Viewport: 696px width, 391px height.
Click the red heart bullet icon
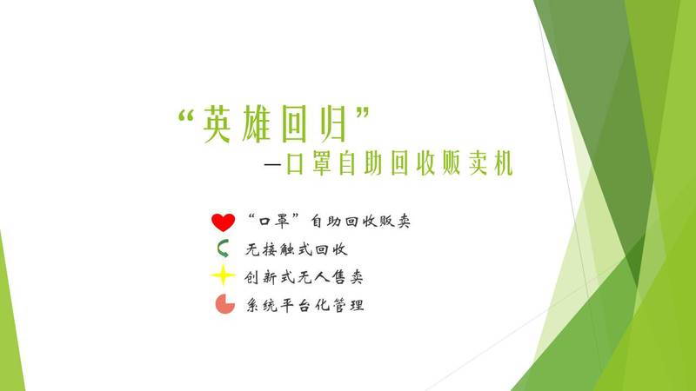click(x=223, y=222)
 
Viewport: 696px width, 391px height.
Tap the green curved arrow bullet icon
click(x=221, y=249)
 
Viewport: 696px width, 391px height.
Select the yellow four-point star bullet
click(x=223, y=275)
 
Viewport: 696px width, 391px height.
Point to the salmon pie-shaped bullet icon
click(x=224, y=303)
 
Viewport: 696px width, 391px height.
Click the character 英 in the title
click(x=217, y=124)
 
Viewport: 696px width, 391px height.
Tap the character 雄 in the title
click(x=256, y=124)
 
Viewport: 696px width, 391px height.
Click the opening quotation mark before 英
click(x=186, y=116)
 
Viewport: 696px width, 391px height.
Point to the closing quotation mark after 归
click(x=362, y=114)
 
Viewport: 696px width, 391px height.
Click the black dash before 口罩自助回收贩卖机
click(x=272, y=165)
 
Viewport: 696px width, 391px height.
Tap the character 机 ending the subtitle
click(x=504, y=163)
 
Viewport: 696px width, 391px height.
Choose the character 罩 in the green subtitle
click(x=321, y=163)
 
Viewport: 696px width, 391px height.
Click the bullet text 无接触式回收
click(x=296, y=249)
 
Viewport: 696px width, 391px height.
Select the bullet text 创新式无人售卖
click(x=304, y=277)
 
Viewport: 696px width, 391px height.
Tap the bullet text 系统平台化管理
click(x=305, y=305)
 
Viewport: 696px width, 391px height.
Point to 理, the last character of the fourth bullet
click(x=357, y=305)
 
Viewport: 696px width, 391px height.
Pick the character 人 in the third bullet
click(x=322, y=277)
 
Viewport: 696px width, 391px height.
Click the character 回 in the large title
click(x=294, y=124)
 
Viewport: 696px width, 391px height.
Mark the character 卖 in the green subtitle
click(x=478, y=163)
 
